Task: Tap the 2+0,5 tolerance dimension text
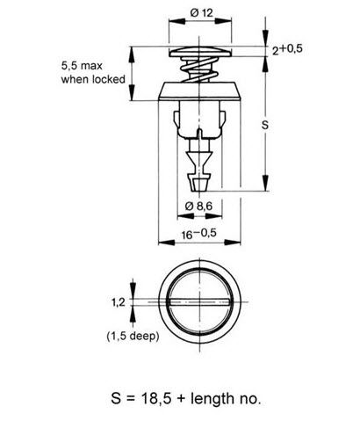(x=285, y=49)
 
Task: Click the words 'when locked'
(x=92, y=79)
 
